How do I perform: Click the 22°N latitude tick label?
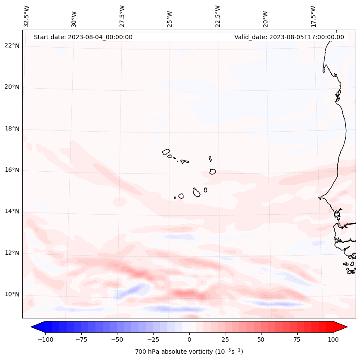(12, 46)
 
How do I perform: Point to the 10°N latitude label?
(12, 295)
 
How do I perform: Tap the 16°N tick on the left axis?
(12, 170)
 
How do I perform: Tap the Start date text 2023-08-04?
(83, 37)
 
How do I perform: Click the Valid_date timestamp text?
(289, 37)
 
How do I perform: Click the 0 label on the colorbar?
(189, 339)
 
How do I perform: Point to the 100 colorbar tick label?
(333, 339)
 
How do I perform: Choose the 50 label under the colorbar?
(261, 339)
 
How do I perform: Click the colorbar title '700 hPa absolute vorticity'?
(189, 352)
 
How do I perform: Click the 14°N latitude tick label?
(12, 212)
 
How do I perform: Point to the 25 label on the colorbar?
(225, 339)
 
